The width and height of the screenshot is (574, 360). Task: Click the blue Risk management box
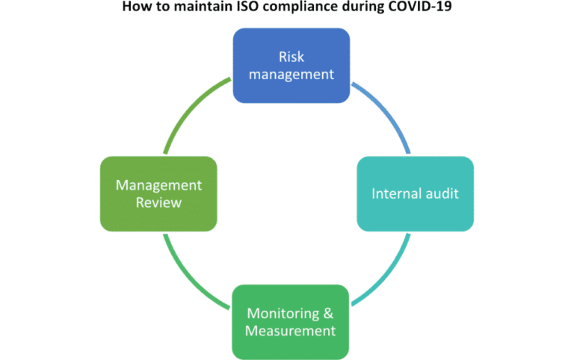pyautogui.click(x=291, y=66)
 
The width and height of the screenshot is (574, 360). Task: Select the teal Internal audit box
pyautogui.click(x=415, y=194)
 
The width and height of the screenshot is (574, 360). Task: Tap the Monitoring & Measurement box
pyautogui.click(x=291, y=322)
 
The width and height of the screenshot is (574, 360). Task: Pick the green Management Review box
pyautogui.click(x=158, y=194)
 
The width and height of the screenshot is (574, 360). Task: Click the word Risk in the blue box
pyautogui.click(x=291, y=57)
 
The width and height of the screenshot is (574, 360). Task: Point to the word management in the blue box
pyautogui.click(x=291, y=75)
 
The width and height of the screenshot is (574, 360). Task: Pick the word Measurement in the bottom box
pyautogui.click(x=291, y=331)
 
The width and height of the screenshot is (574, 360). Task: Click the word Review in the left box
pyautogui.click(x=158, y=203)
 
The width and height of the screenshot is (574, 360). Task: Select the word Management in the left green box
pyautogui.click(x=158, y=185)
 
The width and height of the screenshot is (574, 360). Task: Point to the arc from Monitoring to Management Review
pyautogui.click(x=191, y=273)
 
